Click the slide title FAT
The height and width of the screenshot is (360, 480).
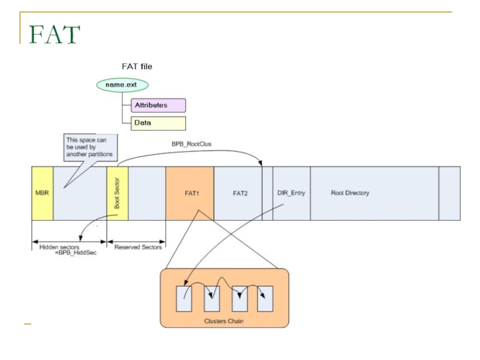(x=54, y=35)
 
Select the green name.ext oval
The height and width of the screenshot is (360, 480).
(x=122, y=85)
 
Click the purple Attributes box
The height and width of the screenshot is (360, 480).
(x=158, y=105)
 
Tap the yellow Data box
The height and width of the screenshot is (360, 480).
(x=158, y=123)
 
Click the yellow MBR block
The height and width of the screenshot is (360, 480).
(x=42, y=193)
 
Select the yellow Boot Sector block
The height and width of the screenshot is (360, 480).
(x=118, y=193)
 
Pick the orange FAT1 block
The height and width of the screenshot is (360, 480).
(x=190, y=193)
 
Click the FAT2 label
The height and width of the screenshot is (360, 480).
(x=240, y=193)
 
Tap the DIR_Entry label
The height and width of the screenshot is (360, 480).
(x=292, y=193)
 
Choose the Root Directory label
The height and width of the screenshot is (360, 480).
(x=350, y=193)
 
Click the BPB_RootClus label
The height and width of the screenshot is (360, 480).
(x=191, y=144)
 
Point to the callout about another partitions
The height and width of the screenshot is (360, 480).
(x=89, y=146)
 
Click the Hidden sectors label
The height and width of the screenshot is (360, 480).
(x=59, y=247)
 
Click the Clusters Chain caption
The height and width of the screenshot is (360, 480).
(x=224, y=321)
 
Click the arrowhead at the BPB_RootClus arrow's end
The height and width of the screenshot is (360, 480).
(x=261, y=164)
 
